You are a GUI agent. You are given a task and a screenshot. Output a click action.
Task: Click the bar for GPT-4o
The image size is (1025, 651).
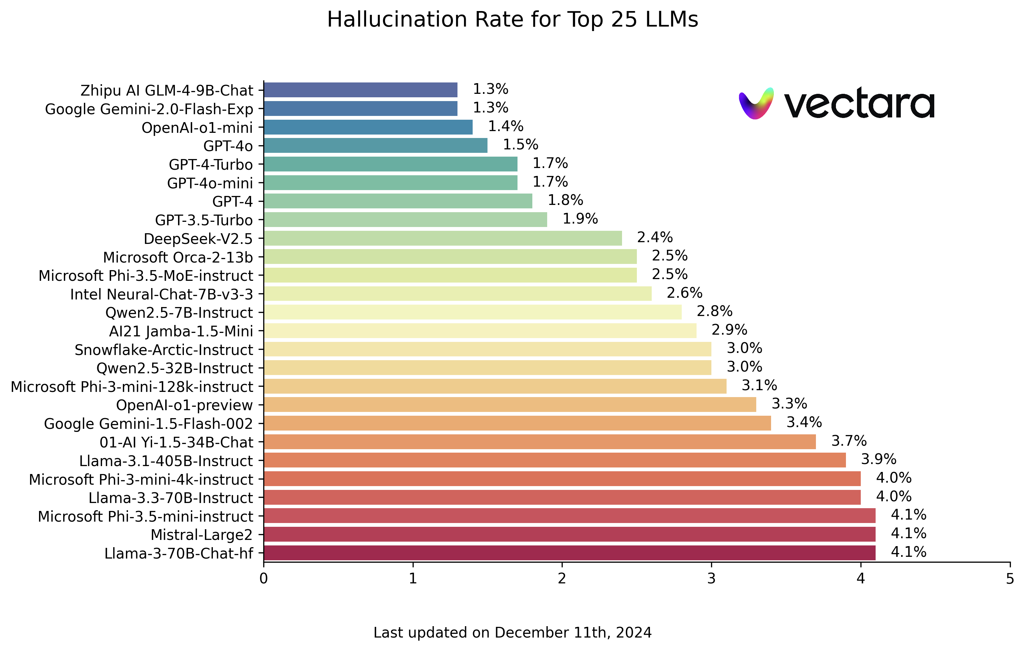pos(375,146)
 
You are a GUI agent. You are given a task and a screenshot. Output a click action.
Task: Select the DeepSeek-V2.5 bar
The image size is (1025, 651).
pos(443,238)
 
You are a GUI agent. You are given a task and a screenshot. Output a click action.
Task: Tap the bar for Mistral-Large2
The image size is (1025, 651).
pos(570,534)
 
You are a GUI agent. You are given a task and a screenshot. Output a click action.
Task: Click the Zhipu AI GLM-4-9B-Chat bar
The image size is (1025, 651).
pos(361,90)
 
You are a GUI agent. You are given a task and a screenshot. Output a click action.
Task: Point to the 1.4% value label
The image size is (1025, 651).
pos(505,127)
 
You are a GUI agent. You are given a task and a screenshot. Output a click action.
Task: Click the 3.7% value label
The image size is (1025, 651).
pos(849,441)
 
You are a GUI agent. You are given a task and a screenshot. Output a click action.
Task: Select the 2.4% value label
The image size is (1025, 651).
pos(655,238)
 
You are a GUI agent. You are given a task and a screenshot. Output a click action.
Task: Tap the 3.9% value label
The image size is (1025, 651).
pos(879,460)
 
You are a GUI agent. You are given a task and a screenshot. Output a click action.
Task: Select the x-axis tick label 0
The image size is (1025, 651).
pos(264,579)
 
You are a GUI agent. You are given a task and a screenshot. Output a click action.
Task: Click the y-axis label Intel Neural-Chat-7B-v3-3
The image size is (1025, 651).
pos(161,295)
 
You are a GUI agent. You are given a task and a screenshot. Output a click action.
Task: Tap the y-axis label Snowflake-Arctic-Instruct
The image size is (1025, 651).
pos(164,350)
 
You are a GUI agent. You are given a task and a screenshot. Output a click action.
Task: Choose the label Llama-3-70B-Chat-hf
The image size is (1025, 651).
pos(178,553)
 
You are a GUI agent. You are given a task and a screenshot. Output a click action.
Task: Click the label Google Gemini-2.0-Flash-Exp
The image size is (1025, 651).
pos(149,109)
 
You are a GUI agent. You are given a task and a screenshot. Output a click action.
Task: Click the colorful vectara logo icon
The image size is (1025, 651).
pos(756,103)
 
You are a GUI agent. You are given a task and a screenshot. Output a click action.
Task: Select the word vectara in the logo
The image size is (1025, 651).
pos(859,103)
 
